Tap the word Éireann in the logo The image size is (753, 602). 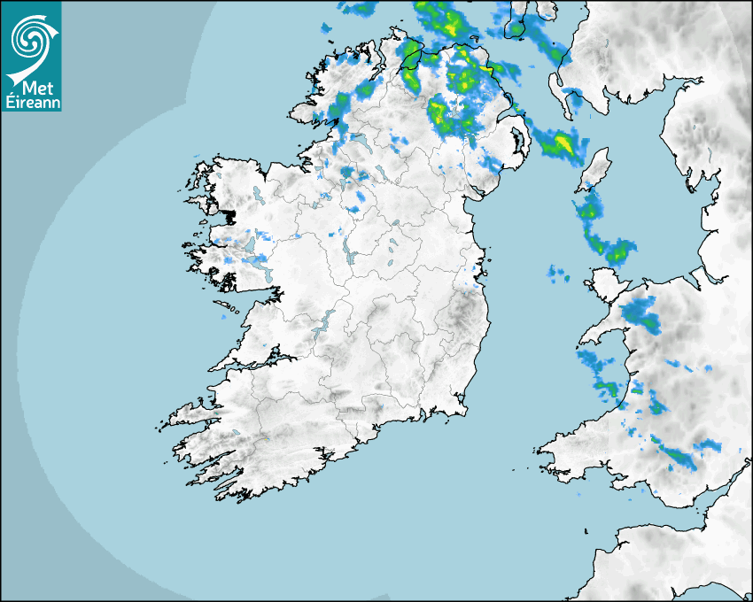(x=31, y=102)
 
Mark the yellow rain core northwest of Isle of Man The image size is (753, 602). (x=562, y=142)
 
